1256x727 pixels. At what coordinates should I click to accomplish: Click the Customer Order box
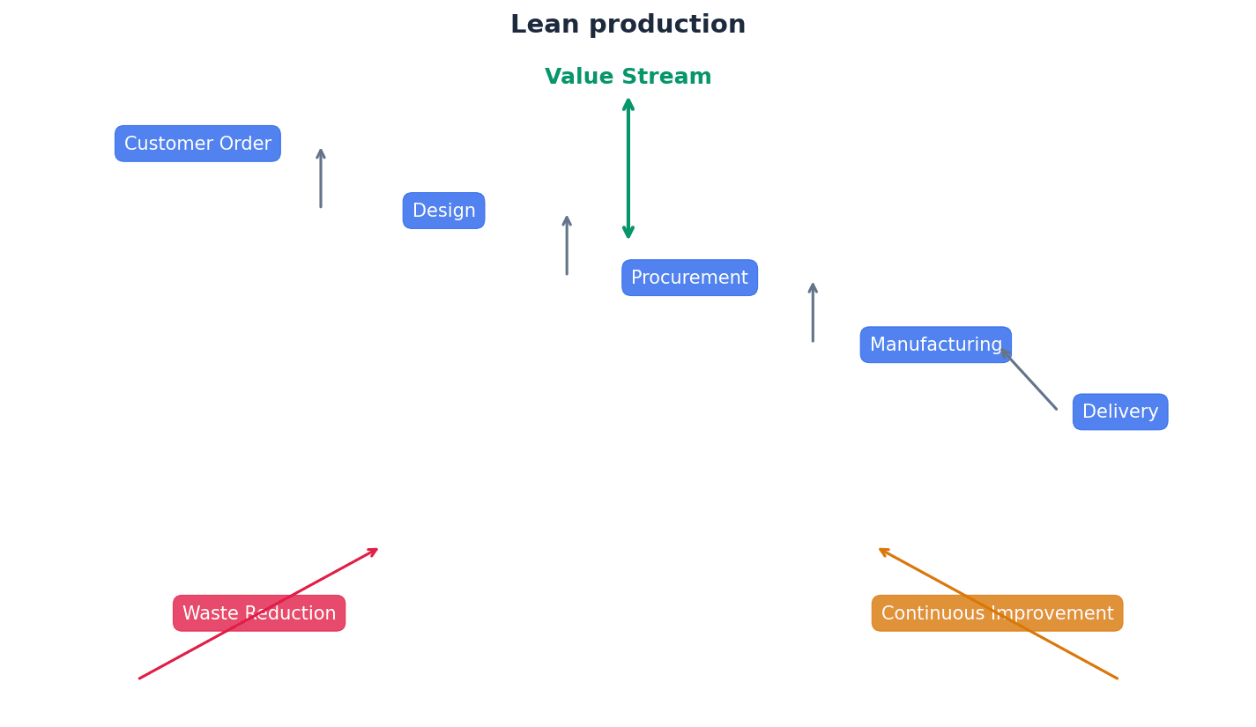197,144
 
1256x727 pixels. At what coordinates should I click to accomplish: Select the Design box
443,211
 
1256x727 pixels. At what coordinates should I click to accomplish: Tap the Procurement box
689,278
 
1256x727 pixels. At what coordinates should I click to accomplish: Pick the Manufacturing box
935,345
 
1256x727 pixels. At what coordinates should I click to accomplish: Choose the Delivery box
1119,412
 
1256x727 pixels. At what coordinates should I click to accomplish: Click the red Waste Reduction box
258,613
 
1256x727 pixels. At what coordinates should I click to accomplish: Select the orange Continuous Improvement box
997,613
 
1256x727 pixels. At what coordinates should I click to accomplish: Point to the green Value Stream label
628,78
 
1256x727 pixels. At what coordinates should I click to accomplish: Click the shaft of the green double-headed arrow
628,167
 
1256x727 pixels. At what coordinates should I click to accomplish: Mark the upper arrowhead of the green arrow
628,102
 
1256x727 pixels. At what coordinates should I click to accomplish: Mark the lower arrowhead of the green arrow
628,234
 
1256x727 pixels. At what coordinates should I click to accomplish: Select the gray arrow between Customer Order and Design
321,179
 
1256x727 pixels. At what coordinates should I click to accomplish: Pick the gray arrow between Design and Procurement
567,246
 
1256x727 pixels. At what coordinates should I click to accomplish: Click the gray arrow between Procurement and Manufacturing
813,313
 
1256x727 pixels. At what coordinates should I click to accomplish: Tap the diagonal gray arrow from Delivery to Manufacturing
1029,379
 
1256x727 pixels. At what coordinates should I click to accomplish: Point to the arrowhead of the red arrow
375,551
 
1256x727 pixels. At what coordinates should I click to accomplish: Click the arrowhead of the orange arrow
882,551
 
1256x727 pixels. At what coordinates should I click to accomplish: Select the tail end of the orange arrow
1116,678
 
